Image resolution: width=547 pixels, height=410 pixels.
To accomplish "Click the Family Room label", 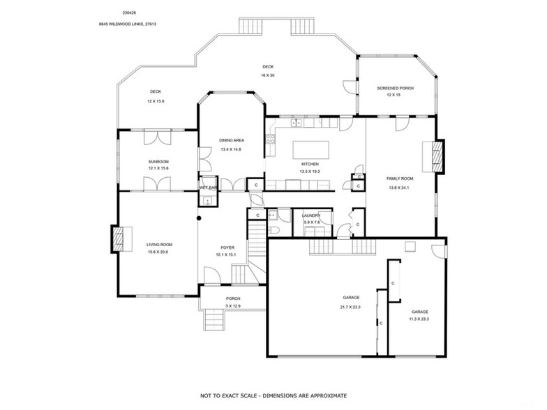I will point(400,179).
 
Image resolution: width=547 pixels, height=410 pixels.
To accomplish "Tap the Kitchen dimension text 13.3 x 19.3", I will point(308,172).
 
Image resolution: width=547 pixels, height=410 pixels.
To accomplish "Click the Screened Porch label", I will point(395,89).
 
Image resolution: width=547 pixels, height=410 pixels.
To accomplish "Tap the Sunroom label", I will point(159,161).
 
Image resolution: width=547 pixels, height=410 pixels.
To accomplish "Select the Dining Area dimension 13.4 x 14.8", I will point(230,149).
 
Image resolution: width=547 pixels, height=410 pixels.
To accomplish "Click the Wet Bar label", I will point(208,188).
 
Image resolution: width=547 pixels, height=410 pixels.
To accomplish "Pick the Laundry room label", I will point(311,215).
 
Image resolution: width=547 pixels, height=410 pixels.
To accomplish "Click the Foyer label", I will point(228,247).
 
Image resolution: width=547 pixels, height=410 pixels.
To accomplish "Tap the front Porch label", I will point(232,298).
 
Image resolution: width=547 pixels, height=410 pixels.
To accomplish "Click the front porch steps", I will point(213,320).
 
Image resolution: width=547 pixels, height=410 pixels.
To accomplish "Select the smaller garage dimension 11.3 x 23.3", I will point(419,319).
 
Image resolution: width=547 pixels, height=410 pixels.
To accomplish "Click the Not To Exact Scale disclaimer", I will point(273,395).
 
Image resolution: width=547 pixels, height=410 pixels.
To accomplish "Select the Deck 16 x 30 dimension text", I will point(268,75).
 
